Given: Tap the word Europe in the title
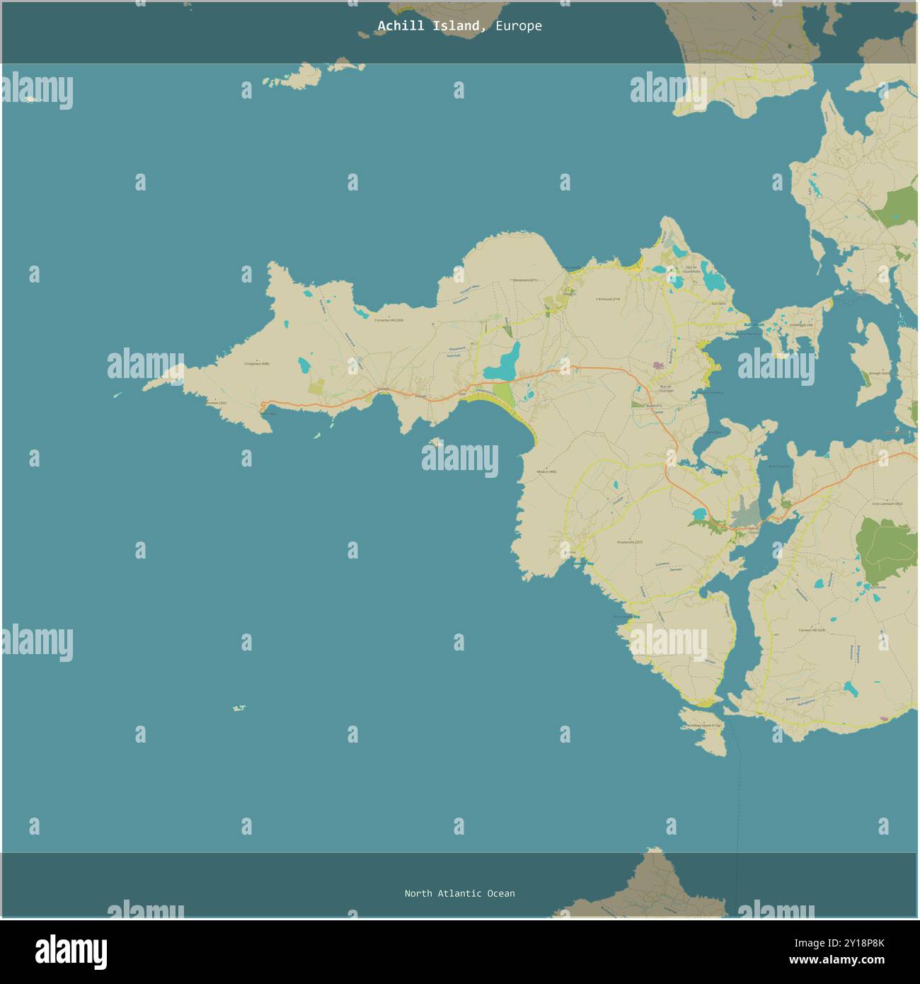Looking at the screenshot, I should [519, 26].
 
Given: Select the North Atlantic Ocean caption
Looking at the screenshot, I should [459, 893].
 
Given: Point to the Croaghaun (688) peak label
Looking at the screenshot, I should [257, 364].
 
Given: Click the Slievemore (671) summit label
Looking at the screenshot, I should [525, 280].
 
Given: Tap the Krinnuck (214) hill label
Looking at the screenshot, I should [609, 299].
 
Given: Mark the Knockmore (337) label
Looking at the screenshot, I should [629, 542].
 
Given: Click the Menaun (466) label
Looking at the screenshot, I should [546, 471].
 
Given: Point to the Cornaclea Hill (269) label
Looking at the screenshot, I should [389, 320].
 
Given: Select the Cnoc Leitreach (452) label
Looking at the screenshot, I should [887, 504].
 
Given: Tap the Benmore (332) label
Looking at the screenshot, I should [217, 403].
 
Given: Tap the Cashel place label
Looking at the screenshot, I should [657, 411].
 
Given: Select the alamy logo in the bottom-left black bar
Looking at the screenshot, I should [71, 952].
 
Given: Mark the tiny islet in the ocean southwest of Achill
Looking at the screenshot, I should [239, 708].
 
